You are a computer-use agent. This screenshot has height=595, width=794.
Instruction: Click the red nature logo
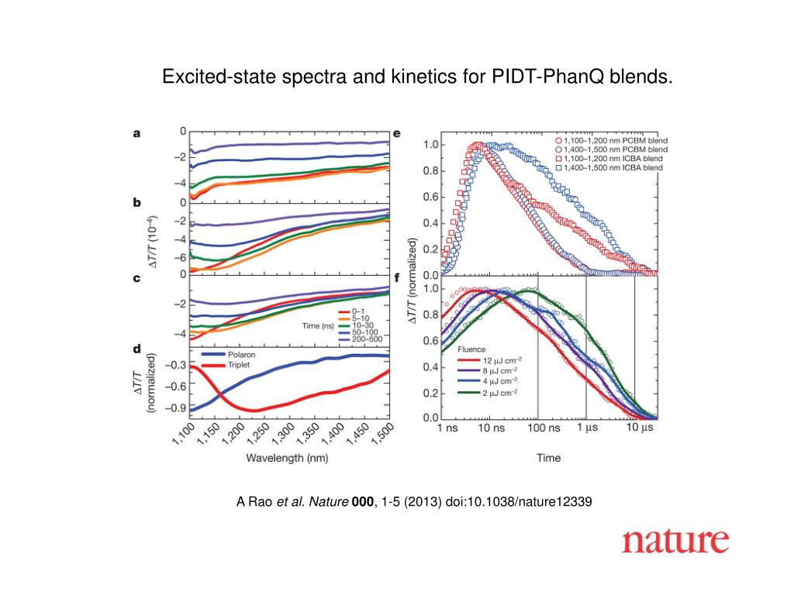[675, 540]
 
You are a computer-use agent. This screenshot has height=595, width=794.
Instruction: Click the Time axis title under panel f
[548, 457]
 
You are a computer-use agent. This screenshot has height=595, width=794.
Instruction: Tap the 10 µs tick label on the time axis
[640, 428]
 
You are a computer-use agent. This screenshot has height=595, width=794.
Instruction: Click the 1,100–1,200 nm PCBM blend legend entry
[619, 140]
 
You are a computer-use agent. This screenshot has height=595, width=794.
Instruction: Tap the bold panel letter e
[397, 132]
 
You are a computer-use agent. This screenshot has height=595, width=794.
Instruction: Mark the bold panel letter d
[137, 349]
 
